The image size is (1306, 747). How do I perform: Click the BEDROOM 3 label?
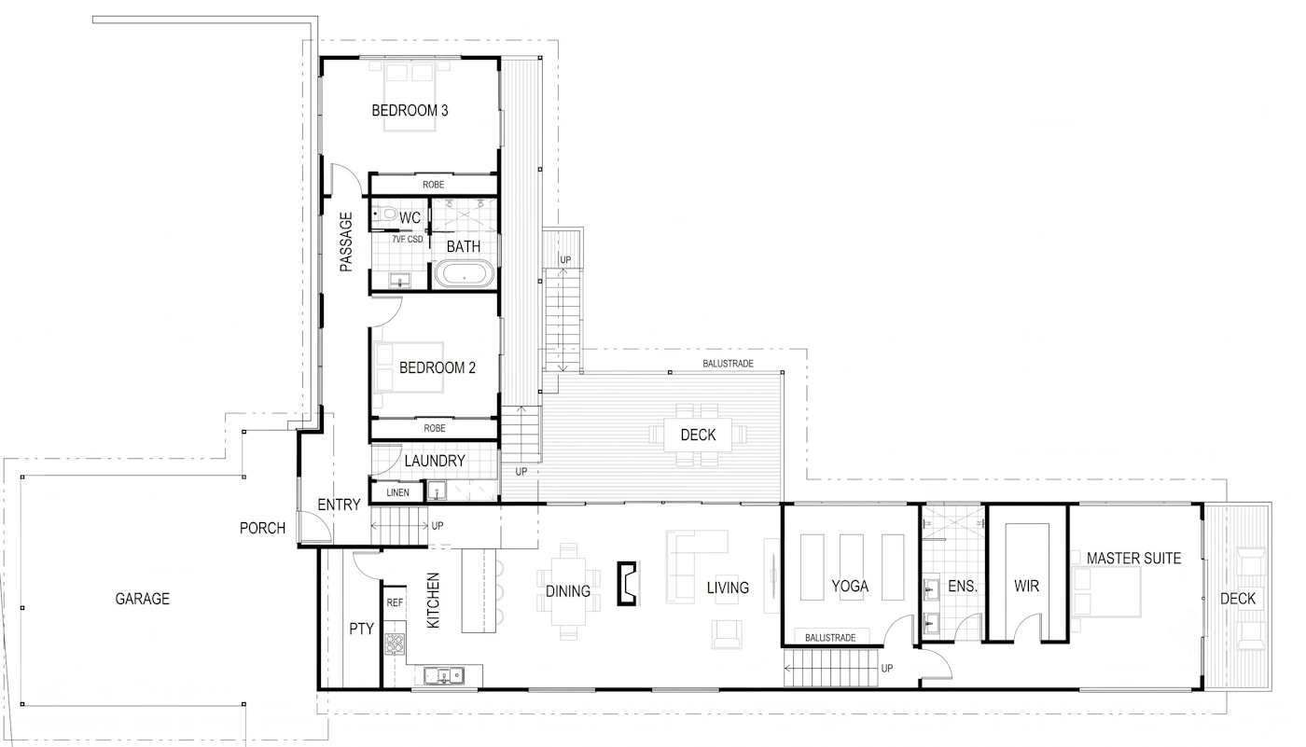click(410, 110)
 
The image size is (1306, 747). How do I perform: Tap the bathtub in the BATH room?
click(465, 275)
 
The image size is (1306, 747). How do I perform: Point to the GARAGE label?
click(142, 599)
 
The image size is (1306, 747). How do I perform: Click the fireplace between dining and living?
click(627, 583)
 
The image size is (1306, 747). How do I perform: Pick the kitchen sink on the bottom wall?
click(443, 676)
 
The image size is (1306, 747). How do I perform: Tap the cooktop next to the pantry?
click(394, 643)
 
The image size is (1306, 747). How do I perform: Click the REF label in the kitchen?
click(395, 602)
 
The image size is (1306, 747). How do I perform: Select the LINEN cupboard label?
click(397, 492)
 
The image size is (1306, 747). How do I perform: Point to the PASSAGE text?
click(346, 242)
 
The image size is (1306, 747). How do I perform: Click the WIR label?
click(1026, 586)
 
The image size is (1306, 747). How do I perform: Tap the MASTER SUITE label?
click(1133, 559)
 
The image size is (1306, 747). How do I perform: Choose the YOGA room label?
click(850, 586)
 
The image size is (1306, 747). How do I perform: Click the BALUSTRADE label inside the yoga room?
click(830, 638)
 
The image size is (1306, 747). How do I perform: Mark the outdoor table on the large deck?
click(698, 434)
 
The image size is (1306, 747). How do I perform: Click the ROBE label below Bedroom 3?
click(433, 185)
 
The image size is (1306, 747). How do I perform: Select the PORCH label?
click(262, 528)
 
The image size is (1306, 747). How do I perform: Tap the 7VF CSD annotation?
click(407, 240)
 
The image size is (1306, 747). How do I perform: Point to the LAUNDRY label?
click(435, 461)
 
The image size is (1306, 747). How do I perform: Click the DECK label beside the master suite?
click(1238, 599)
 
